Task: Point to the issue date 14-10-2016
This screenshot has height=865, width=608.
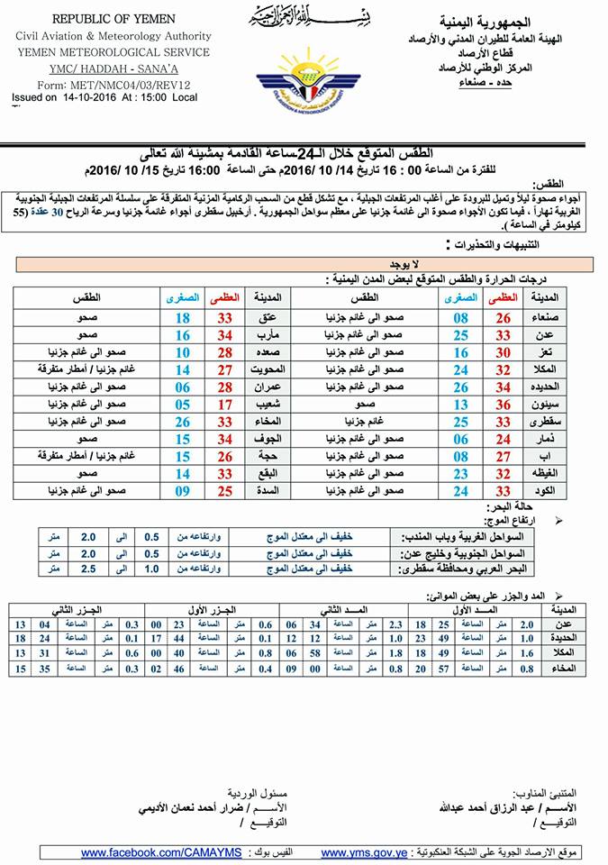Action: click(80, 96)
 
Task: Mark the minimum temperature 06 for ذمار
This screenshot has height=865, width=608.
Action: click(461, 439)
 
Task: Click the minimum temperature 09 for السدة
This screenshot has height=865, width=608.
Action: click(183, 491)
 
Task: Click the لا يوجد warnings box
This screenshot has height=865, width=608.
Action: click(305, 263)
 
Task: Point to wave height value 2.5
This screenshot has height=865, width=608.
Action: click(87, 569)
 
